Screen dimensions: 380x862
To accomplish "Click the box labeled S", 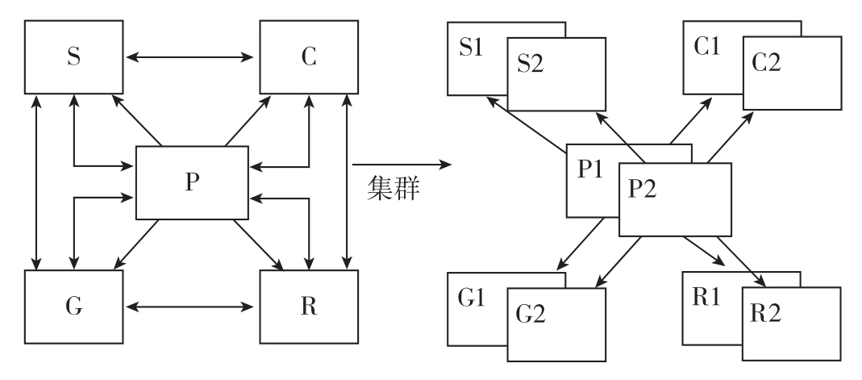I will tap(73, 57).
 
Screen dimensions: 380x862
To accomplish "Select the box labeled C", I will tap(308, 57).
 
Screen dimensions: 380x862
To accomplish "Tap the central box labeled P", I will tap(190, 182).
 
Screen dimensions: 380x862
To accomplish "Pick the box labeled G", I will tap(73, 307).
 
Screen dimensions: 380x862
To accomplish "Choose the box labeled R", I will tap(308, 307).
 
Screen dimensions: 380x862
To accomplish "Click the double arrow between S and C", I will tap(191, 57).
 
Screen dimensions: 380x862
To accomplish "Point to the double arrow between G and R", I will tap(191, 307).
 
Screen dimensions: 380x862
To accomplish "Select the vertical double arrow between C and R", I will tap(347, 182).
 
